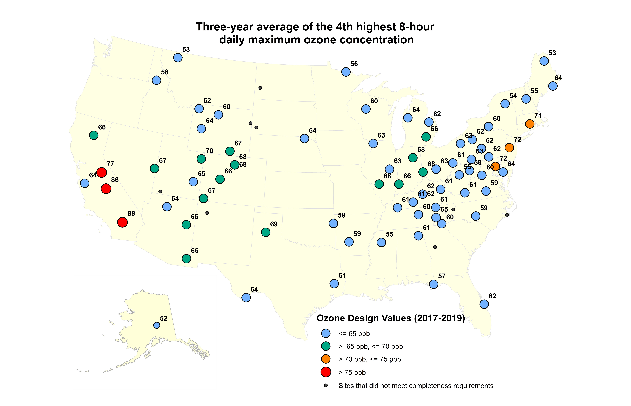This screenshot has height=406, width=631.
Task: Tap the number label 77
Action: pos(110,164)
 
